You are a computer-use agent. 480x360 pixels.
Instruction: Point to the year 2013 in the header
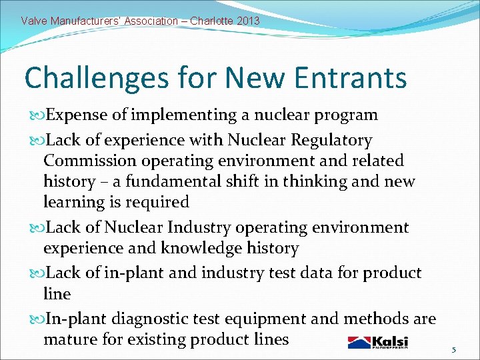248,21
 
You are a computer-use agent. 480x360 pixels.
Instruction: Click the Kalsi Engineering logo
377,342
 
